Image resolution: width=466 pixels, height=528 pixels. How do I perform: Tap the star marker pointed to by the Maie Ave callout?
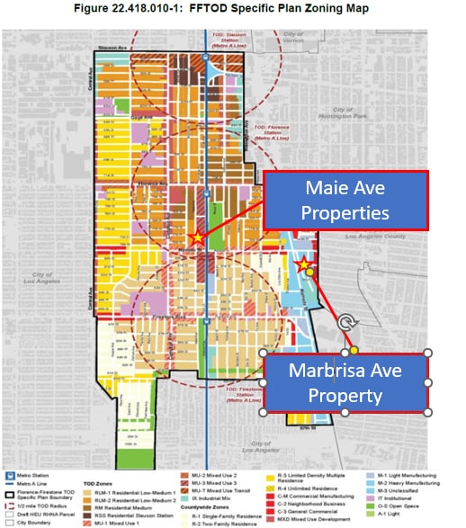pos(197,237)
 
